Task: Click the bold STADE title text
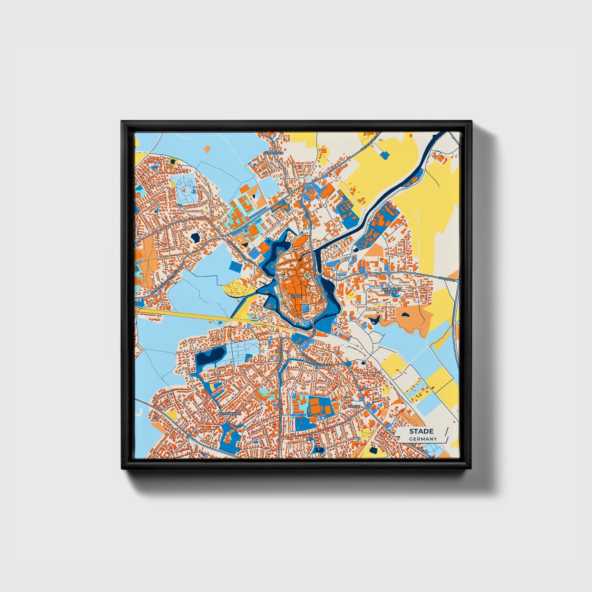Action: [x=421, y=431]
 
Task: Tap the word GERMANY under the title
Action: [x=423, y=439]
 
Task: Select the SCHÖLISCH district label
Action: [x=274, y=153]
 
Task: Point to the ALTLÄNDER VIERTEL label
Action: [x=391, y=291]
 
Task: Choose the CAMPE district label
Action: [x=354, y=406]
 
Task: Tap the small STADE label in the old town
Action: [x=295, y=295]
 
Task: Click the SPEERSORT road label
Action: [x=447, y=279]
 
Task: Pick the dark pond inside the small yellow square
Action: [x=172, y=161]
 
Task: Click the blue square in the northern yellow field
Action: [x=385, y=155]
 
